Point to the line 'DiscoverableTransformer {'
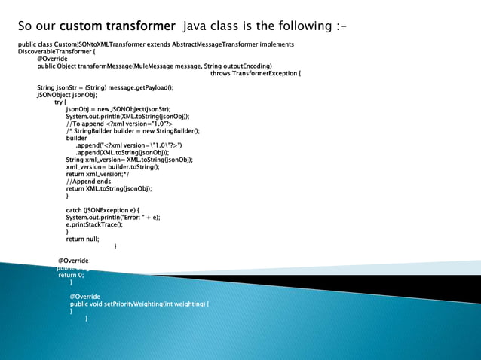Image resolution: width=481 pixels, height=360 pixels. point(57,52)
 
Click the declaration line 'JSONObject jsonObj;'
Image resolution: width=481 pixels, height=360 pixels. point(67,96)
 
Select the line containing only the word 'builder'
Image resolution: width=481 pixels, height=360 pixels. point(76,139)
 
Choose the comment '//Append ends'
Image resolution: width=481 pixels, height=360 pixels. point(88,182)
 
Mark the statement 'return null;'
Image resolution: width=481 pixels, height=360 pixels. point(83,239)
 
